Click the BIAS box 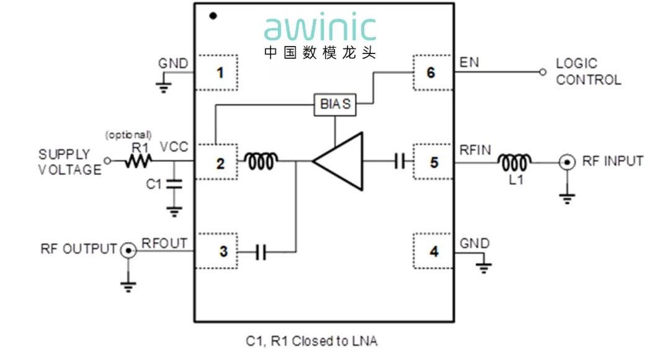point(335,104)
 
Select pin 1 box point(218,73)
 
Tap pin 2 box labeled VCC point(218,163)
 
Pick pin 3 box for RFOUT point(218,251)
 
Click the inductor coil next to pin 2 point(261,163)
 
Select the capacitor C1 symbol point(174,184)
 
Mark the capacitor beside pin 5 point(400,163)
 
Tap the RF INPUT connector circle point(566,163)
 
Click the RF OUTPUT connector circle point(128,250)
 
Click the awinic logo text point(320,29)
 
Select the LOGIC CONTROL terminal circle point(543,73)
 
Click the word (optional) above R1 point(128,135)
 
